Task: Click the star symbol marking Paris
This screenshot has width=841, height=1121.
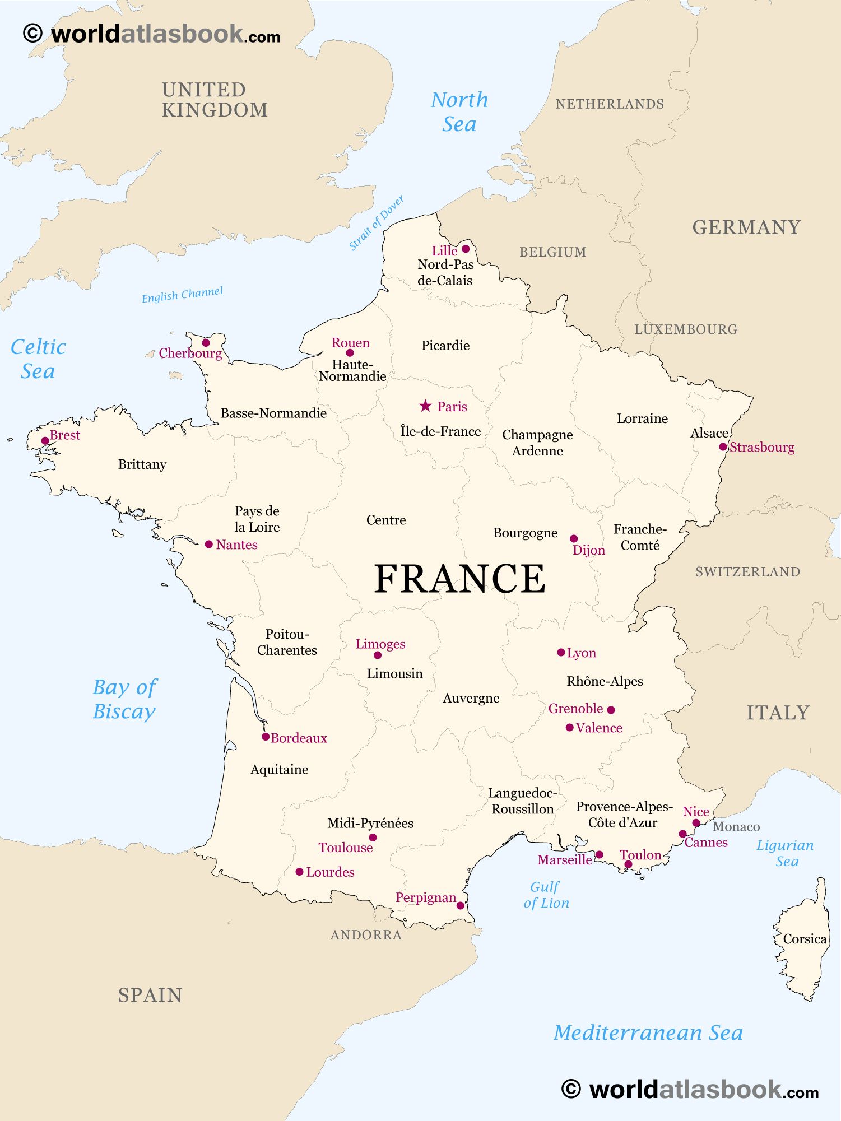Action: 425,406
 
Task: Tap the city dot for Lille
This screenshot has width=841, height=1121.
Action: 466,249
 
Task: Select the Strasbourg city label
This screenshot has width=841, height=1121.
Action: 761,447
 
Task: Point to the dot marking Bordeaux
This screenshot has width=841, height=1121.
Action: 266,737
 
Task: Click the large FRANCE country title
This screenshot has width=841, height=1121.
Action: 459,579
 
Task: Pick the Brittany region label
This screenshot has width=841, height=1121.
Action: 142,464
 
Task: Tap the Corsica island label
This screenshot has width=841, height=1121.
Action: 805,939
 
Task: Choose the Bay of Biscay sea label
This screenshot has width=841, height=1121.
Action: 124,699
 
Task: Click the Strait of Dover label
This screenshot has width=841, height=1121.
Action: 376,223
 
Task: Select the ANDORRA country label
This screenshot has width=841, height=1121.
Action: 366,934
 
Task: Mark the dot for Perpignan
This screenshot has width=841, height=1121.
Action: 461,905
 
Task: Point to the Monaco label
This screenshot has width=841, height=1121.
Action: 736,827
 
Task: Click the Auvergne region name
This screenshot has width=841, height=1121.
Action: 471,698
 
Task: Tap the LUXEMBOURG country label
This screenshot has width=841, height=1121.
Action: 686,329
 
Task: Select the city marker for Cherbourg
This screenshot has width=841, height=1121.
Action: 206,343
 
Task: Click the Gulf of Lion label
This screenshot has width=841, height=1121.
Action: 546,895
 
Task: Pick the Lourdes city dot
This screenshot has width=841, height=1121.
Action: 300,872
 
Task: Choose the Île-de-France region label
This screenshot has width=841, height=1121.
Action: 440,431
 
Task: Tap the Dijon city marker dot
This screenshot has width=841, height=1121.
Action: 574,538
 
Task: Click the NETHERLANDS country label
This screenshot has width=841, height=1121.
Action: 610,104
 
